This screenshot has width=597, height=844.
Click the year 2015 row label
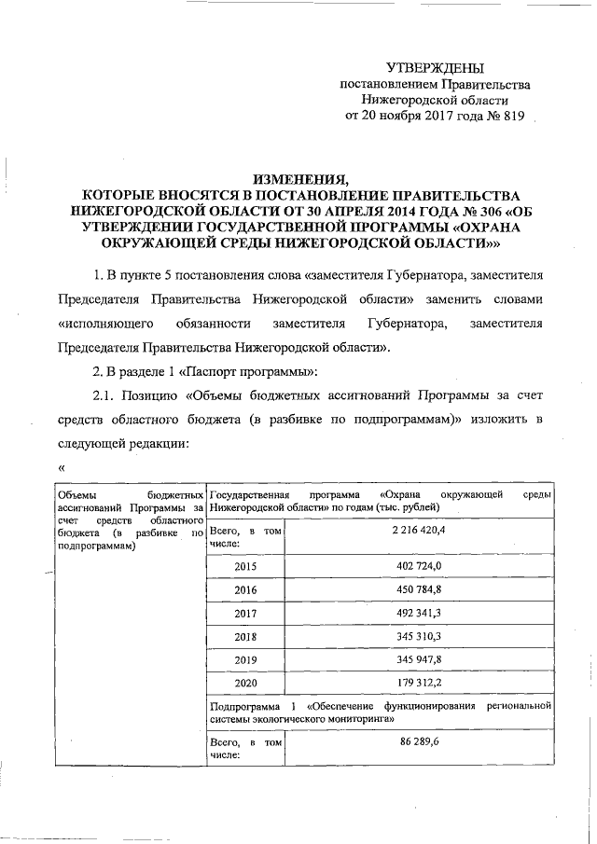246,566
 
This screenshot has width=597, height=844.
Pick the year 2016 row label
246,590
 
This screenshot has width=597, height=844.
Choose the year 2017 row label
246,615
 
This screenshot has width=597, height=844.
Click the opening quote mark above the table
62,468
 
